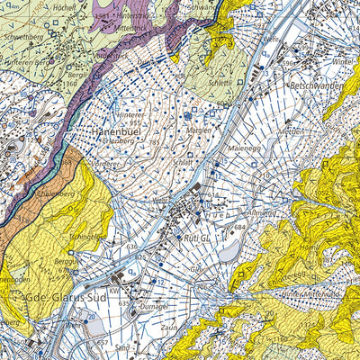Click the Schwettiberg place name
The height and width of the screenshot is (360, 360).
(25, 39)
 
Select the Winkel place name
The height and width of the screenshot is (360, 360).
(343, 62)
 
